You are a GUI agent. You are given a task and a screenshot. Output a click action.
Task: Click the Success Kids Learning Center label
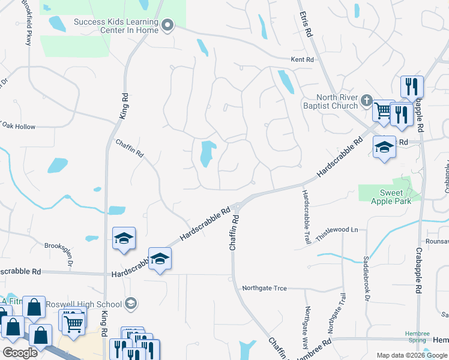tap(116, 26)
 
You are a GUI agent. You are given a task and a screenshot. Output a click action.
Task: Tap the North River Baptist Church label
tap(337, 102)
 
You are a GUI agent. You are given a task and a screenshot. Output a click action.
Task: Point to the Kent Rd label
tap(303, 60)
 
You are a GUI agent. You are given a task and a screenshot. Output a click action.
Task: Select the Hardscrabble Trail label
tap(306, 217)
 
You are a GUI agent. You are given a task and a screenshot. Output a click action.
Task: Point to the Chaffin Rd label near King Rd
tap(130, 146)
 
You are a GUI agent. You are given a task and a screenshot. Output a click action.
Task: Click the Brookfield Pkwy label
tap(27, 23)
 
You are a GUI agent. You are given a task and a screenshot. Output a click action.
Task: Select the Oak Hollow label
tap(19, 127)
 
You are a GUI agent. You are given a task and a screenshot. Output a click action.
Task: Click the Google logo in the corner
tap(20, 353)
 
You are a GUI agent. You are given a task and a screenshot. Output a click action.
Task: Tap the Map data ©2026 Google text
tap(411, 355)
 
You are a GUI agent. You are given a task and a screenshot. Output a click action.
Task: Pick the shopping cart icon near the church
tap(382, 110)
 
